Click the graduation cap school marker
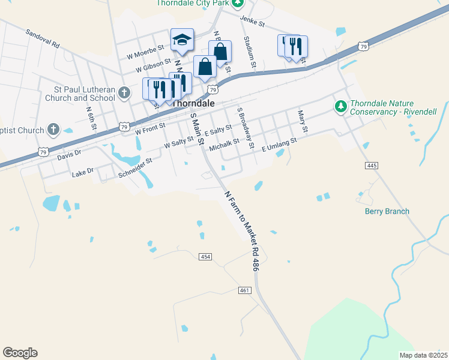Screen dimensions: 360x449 click(182, 40)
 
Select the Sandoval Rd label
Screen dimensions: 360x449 click(43, 37)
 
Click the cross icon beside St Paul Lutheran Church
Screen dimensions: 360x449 click(124, 92)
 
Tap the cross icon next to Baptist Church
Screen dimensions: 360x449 click(53, 129)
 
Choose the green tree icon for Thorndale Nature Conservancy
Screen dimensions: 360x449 click(341, 107)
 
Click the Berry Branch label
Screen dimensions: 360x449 click(387, 211)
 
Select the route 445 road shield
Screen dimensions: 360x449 click(370, 165)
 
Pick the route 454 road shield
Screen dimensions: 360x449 click(205, 257)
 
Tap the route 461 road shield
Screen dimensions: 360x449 click(244, 290)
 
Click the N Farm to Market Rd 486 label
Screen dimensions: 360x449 click(241, 232)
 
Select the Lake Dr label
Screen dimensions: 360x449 click(83, 172)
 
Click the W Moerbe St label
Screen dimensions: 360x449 click(145, 52)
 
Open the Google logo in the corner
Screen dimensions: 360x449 click(20, 353)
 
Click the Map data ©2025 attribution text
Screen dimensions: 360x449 click(423, 355)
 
